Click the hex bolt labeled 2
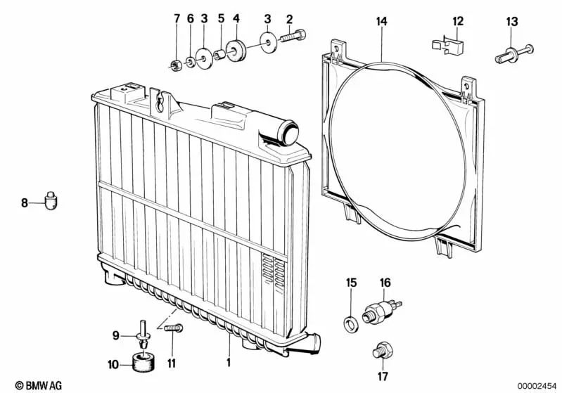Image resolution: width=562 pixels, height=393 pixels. pos(293,36)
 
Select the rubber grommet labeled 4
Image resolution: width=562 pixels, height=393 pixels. pos(236,50)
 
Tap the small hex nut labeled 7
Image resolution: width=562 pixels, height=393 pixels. pos(175,65)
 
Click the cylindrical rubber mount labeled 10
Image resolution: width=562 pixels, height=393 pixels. pos(143,362)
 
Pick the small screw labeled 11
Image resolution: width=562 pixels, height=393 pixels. pos(174,328)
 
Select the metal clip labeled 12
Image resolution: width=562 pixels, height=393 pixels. pos(447,46)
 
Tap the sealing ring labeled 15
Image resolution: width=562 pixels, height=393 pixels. pos(350,324)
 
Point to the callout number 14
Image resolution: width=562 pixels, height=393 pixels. pos(382,21)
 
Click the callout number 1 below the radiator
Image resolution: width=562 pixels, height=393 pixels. pos(229,362)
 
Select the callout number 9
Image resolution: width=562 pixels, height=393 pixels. pos(116,335)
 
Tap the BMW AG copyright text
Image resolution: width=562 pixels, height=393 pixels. pos(39,385)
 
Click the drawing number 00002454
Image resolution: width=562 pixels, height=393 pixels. pos(537,386)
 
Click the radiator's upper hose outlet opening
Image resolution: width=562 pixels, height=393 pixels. pos(290,132)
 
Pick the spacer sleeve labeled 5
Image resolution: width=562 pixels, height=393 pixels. pos(219,55)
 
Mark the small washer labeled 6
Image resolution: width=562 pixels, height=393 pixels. pos(191,63)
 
